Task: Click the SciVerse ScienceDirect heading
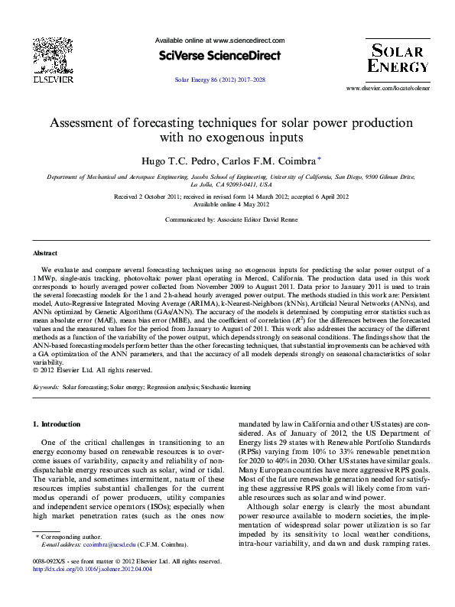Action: pos(219,55)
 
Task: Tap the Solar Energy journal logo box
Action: pos(395,58)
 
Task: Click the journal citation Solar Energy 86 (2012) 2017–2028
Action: pos(219,79)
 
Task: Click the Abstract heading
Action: pos(45,252)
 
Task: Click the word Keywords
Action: pos(46,388)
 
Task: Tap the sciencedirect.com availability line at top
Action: pos(219,41)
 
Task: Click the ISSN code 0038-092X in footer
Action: pos(47,583)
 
